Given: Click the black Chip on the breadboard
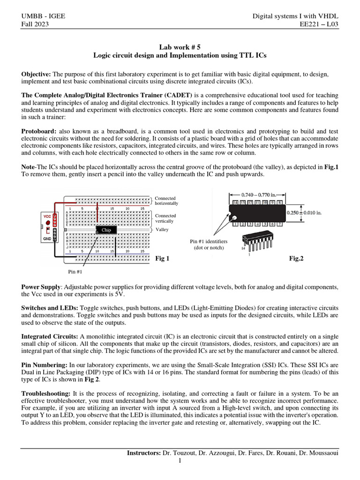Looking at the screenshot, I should click(106, 230).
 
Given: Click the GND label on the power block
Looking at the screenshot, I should click(47, 239).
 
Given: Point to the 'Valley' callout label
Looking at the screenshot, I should click(162, 230).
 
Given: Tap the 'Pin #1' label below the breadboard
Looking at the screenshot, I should click(75, 271).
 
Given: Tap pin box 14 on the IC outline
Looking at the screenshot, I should click(236, 202).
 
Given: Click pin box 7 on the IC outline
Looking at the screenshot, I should click(279, 224).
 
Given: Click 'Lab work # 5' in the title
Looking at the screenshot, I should click(180, 47).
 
